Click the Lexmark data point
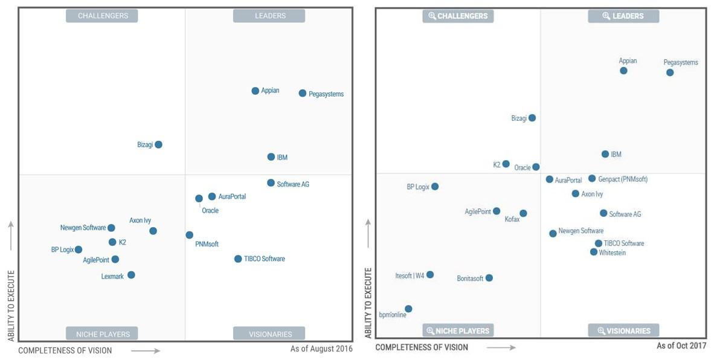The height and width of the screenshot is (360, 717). pos(131,275)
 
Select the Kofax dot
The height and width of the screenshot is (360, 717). pos(523,213)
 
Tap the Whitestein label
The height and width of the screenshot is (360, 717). pos(612,253)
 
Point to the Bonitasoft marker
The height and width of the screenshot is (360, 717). pos(489,278)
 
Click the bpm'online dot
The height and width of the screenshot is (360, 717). pos(408,309)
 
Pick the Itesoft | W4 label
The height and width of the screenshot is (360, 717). pos(410,276)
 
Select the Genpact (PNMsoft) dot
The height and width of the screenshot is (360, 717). pos(592,178)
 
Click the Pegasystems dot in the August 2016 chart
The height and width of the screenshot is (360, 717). pos(302,93)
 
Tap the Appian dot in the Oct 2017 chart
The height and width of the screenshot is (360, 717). pos(623,71)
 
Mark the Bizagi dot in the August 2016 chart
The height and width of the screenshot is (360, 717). pos(158,144)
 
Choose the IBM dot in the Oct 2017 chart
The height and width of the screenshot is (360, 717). pos(605,154)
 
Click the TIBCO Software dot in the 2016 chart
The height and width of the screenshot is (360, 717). pos(238,259)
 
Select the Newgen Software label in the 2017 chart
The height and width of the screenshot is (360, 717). pos(580,231)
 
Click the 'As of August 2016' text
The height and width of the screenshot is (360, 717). pos(321,349)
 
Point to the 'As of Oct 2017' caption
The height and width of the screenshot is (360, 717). pos(681,346)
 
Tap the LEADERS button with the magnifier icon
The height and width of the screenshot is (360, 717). pos(623,16)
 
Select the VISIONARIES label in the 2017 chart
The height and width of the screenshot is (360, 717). pos(623,330)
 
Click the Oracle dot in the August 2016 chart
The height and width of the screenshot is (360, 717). pos(199,198)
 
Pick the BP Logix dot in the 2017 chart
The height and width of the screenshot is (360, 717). pos(435,187)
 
